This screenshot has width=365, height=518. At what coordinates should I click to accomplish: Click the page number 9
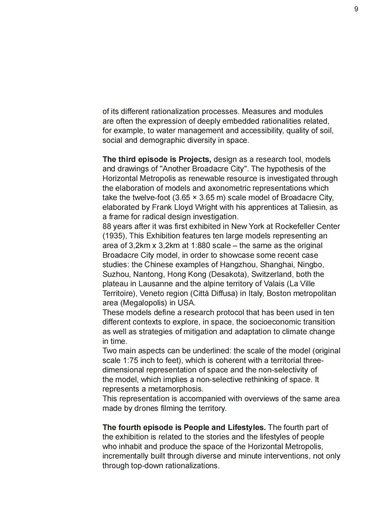[x=356, y=9]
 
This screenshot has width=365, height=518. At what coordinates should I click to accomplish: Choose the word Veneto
[x=153, y=293]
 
